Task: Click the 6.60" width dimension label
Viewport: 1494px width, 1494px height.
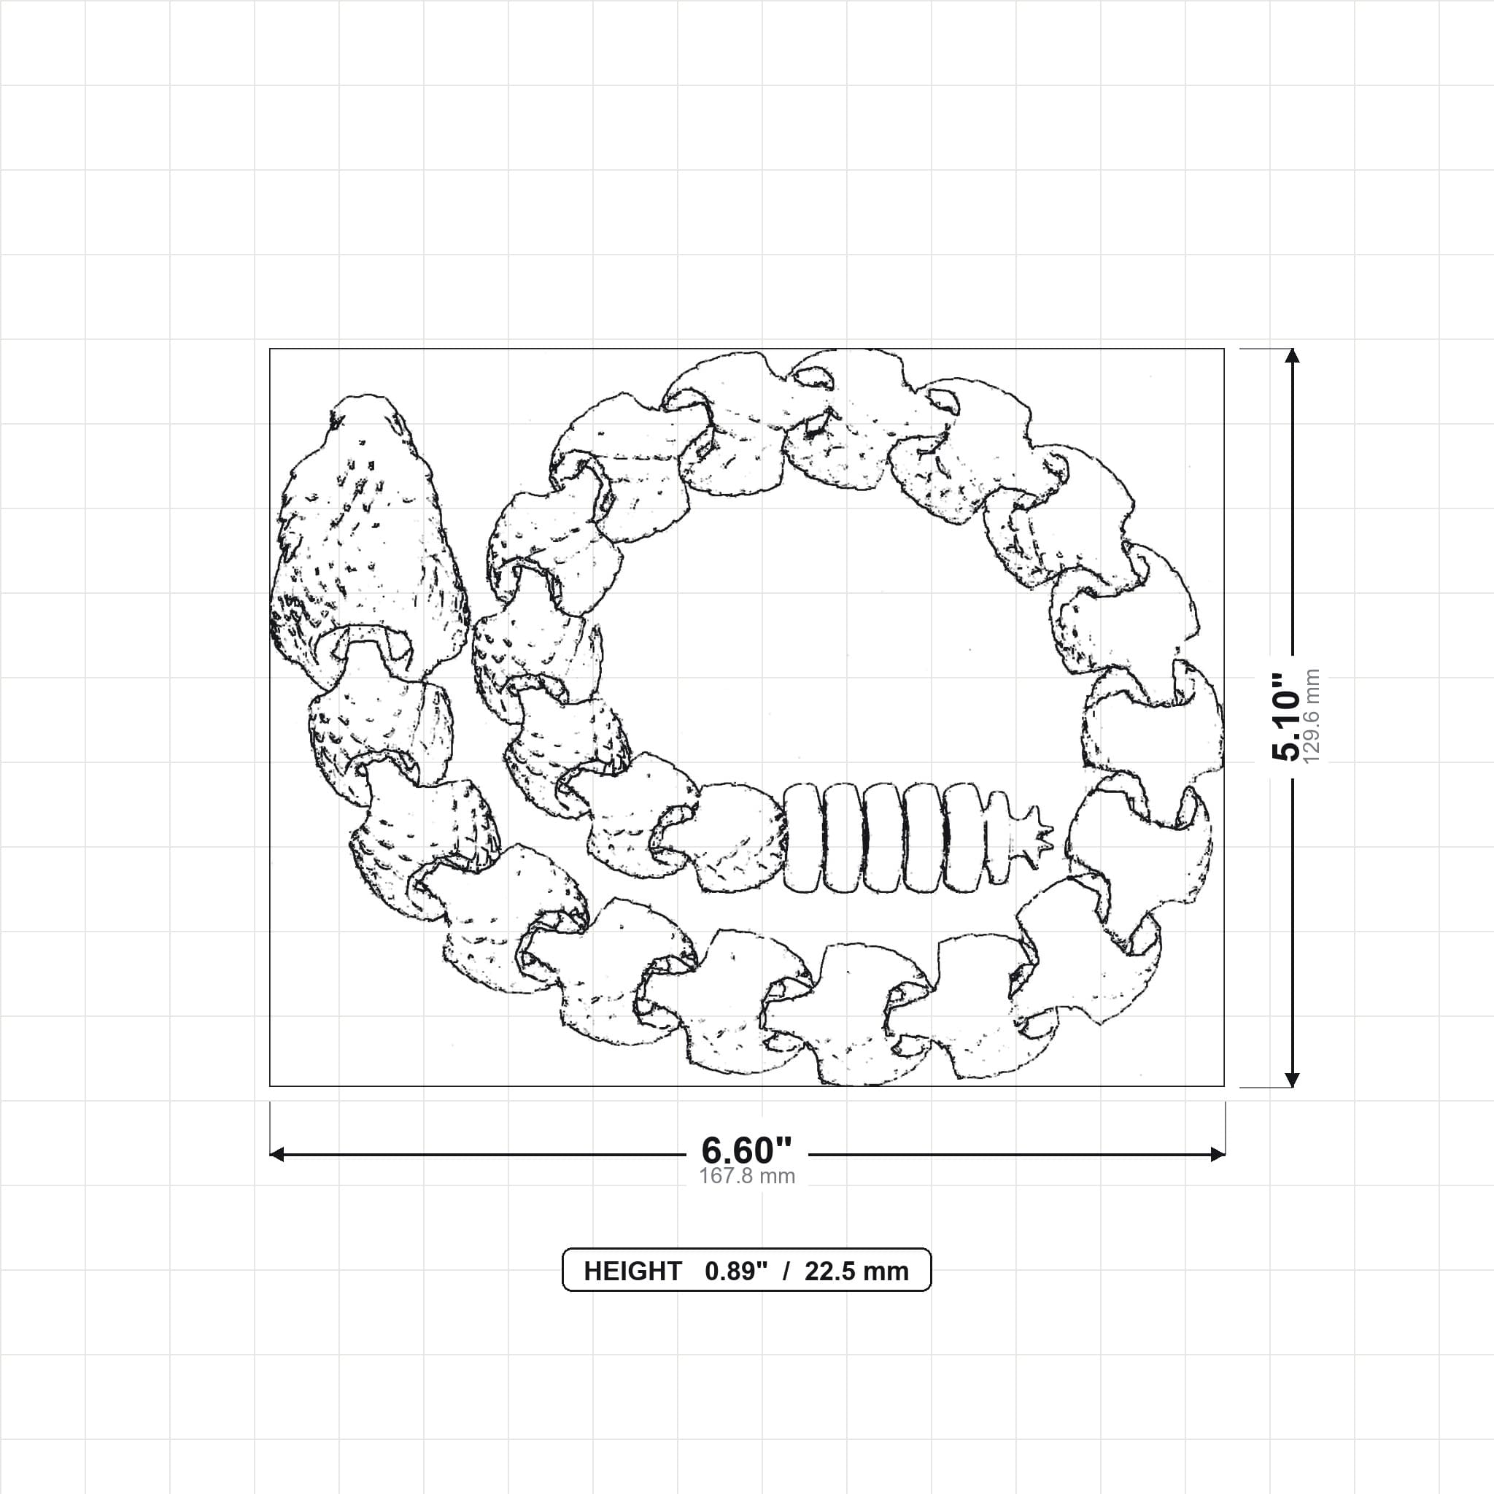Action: pyautogui.click(x=746, y=1150)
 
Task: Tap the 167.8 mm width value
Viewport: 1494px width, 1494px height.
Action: pyautogui.click(x=747, y=1176)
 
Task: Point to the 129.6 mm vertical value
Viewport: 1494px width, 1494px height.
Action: pyautogui.click(x=1312, y=717)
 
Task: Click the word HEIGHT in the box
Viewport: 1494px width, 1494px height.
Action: pyautogui.click(x=632, y=1272)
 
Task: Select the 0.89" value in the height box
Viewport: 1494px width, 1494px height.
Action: pyautogui.click(x=736, y=1272)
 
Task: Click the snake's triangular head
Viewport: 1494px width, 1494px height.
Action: pyautogui.click(x=368, y=541)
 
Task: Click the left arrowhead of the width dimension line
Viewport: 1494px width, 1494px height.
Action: pyautogui.click(x=276, y=1155)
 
